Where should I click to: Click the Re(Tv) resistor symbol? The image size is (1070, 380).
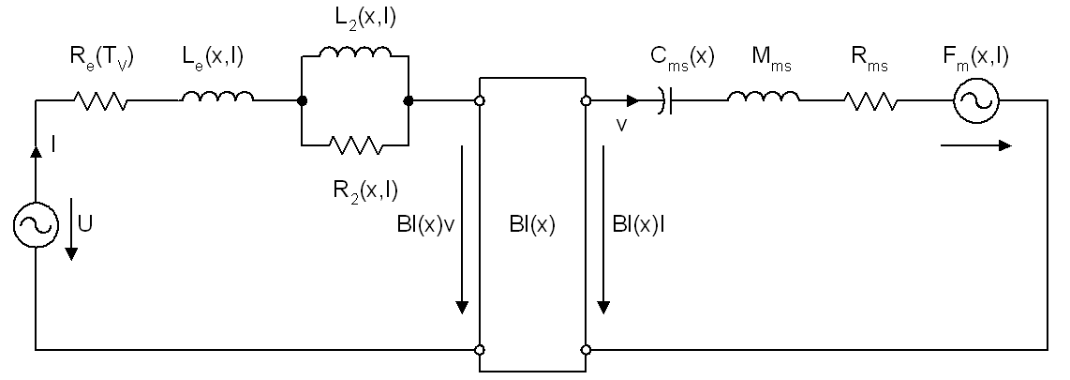[x=100, y=101]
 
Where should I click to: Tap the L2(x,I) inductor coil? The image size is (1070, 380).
[x=355, y=52]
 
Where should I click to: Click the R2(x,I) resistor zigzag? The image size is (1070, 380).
[x=355, y=144]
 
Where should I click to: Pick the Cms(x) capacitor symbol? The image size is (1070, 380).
[x=666, y=101]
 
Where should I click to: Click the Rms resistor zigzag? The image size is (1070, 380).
[x=870, y=101]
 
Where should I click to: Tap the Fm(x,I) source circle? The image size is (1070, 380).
[x=975, y=101]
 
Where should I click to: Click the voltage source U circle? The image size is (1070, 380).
[x=36, y=225]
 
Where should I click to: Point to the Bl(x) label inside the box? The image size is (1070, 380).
[x=532, y=226]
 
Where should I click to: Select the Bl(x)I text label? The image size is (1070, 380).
[x=639, y=226]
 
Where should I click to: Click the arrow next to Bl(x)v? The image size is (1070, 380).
[x=462, y=230]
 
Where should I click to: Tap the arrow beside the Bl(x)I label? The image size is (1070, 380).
[x=602, y=230]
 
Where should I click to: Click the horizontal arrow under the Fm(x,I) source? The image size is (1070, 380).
[x=975, y=144]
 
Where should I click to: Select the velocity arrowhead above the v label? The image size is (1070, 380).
[x=632, y=101]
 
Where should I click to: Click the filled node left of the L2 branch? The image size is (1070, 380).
[x=302, y=101]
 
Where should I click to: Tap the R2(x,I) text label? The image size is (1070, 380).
[x=365, y=190]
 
